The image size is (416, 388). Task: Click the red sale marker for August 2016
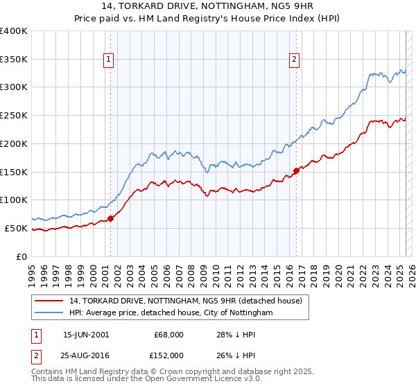[x=296, y=170]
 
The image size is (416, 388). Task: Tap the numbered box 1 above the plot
[x=110, y=60]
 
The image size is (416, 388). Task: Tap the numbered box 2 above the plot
[x=295, y=60]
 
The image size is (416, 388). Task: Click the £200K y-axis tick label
[x=14, y=144]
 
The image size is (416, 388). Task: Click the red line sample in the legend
[x=49, y=301]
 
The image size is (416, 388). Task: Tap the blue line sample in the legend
[x=49, y=313]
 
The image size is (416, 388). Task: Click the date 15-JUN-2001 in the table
[x=86, y=335]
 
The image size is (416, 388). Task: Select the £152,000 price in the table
[x=169, y=355]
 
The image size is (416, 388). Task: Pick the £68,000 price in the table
[x=169, y=335]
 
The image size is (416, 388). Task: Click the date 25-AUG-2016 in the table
[x=86, y=355]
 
